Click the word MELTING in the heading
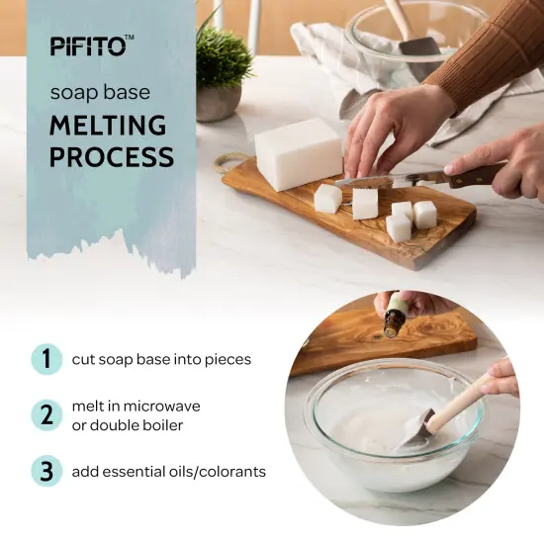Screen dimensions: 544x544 (108, 127)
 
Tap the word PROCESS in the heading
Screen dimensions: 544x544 (112, 157)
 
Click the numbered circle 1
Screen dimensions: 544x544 (45, 359)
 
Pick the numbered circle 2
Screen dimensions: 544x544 (45, 414)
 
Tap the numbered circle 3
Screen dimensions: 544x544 (45, 471)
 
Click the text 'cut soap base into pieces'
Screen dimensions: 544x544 (161, 359)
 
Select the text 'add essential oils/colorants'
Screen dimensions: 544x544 (168, 472)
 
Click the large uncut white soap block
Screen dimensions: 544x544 (298, 153)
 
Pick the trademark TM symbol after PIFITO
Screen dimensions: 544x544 (129, 39)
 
